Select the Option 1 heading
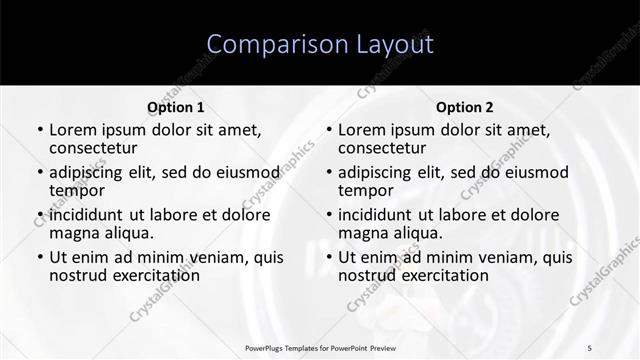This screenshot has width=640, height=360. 176,107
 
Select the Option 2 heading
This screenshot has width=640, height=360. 465,107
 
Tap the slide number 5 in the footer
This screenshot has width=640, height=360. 589,347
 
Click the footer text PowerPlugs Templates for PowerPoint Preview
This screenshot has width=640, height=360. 321,347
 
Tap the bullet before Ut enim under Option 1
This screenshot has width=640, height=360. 40,258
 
